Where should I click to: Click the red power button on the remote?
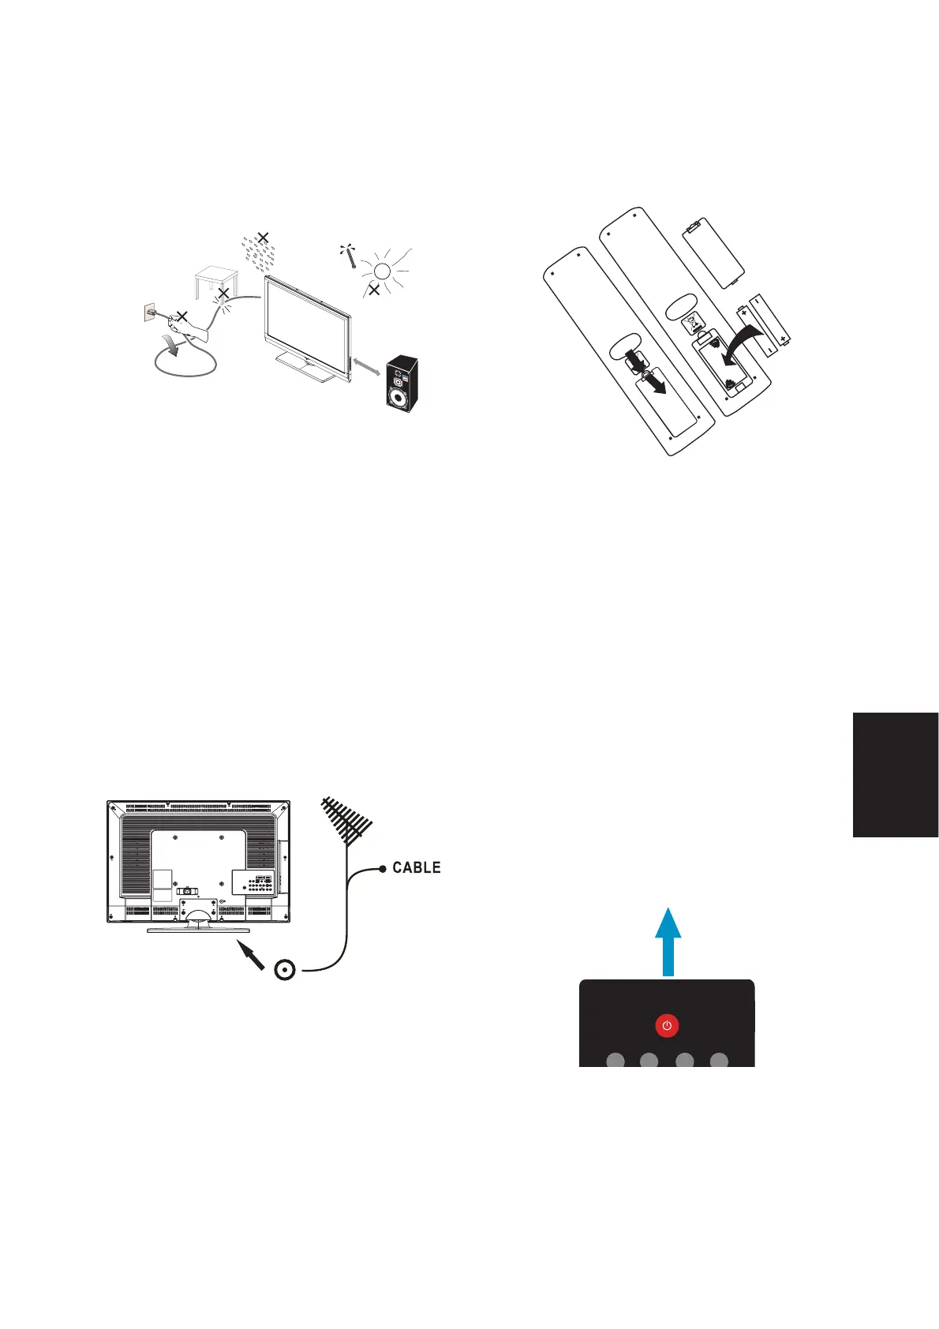tap(667, 1025)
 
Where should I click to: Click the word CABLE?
tap(416, 867)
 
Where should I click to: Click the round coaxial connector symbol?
tap(285, 970)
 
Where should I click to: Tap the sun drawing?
tap(382, 271)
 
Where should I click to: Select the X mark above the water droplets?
tap(264, 236)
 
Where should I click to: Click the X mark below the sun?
tap(374, 290)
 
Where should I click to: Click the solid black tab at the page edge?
tap(895, 774)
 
